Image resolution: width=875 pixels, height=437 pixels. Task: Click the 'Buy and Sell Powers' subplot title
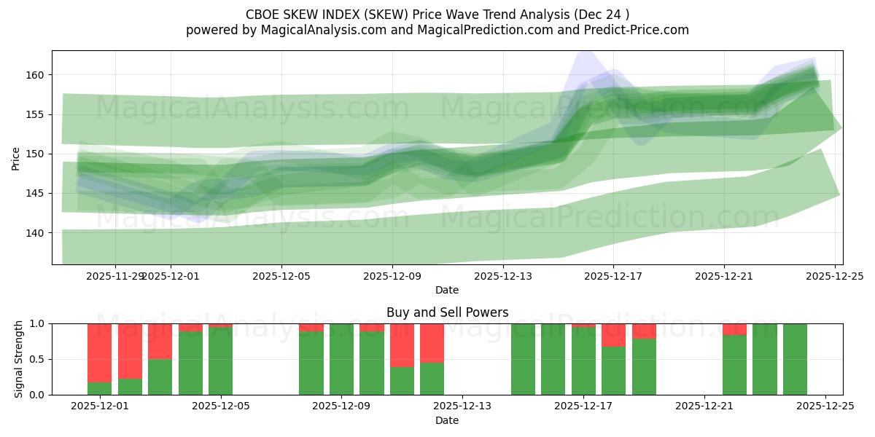[x=447, y=312]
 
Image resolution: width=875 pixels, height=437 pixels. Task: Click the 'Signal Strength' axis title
[x=19, y=358]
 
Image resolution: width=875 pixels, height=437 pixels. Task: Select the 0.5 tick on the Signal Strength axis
[x=36, y=359]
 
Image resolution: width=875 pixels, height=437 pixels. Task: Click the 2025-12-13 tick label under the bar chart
[x=462, y=406]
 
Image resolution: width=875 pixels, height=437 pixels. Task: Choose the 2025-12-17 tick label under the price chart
[x=612, y=276]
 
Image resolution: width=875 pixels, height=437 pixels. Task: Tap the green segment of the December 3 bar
[x=160, y=377]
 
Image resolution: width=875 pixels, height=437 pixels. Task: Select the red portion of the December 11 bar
[x=402, y=345]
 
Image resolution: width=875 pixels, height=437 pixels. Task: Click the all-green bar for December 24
[x=795, y=359]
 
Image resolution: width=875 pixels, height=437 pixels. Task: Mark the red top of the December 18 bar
[x=614, y=335]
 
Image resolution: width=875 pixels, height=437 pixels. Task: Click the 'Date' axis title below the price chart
[x=447, y=290]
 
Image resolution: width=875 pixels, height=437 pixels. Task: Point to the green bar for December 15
[x=523, y=359]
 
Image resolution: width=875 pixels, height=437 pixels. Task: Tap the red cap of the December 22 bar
[x=734, y=329]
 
